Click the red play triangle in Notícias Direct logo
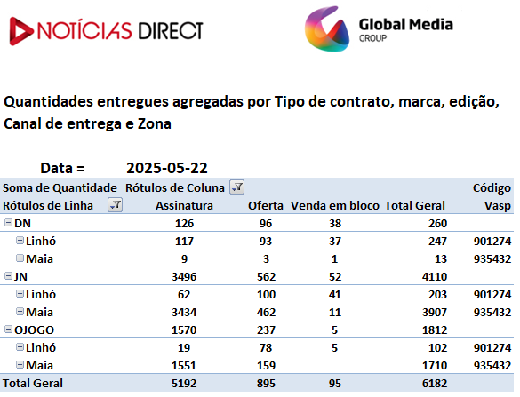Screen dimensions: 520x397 [x=20, y=31]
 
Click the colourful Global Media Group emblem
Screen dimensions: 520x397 [x=327, y=28]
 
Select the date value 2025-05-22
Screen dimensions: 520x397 [x=167, y=168]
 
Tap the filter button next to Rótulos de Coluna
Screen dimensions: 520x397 [x=237, y=187]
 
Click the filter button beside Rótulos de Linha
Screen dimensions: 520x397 [x=115, y=205]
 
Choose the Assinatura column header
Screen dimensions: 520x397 [x=184, y=206]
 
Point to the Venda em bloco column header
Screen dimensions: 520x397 [x=335, y=206]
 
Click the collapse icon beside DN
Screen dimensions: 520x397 [x=8, y=223]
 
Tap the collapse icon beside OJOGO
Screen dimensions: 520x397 [x=8, y=330]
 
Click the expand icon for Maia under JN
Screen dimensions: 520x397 [x=20, y=312]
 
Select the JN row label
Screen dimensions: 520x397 [x=20, y=277]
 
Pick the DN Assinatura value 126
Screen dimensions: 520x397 [x=184, y=224]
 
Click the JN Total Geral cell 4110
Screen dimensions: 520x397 [x=435, y=277]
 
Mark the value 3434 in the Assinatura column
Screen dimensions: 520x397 [x=184, y=312]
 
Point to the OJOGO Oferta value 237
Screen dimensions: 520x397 [x=266, y=330]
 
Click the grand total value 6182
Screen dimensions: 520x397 [x=435, y=384]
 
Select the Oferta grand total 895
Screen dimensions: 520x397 [x=266, y=384]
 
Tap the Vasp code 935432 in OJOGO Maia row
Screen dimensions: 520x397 [x=492, y=366]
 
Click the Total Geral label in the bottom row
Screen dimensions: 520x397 [x=33, y=384]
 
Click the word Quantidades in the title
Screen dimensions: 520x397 [x=48, y=102]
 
